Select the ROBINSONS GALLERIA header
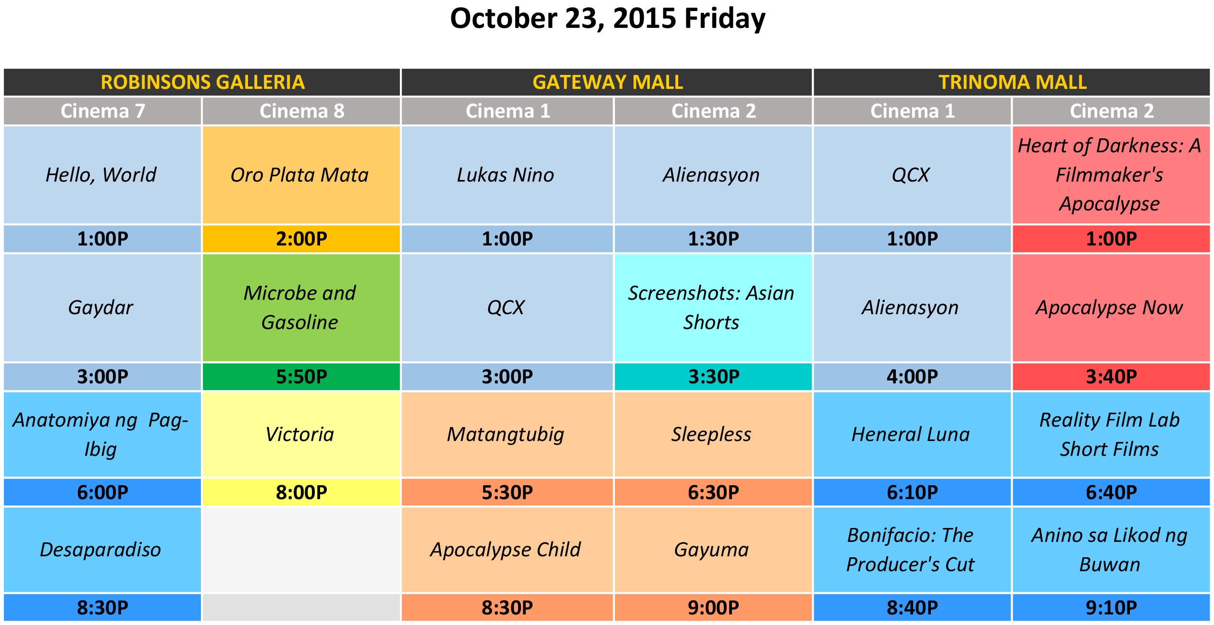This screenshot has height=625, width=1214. [x=202, y=82]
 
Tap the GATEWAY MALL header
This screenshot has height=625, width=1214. [x=607, y=82]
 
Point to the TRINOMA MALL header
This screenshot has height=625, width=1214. [x=1012, y=82]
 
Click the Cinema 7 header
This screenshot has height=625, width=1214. [x=102, y=111]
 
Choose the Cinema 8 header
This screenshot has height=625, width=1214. [x=301, y=111]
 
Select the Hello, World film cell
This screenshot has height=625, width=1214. [x=102, y=175]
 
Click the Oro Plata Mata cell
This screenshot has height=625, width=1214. [x=301, y=175]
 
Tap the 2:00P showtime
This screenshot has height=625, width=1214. [x=301, y=239]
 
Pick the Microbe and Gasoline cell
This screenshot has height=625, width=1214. [x=301, y=307]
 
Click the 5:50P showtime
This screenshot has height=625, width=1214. [x=301, y=377]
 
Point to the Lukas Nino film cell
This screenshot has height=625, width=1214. [x=507, y=175]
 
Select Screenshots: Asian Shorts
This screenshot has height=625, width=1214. [x=713, y=307]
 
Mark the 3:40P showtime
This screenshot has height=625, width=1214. [x=1111, y=377]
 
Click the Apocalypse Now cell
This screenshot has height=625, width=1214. [x=1111, y=307]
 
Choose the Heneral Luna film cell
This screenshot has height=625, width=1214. [x=912, y=434]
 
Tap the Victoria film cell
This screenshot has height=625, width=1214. [x=301, y=434]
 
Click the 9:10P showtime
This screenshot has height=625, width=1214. [x=1111, y=608]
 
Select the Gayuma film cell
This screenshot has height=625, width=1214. [x=713, y=550]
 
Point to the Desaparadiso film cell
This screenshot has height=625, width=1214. [x=102, y=550]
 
